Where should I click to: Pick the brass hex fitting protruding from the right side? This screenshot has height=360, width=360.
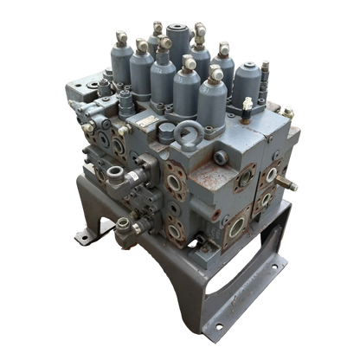pyautogui.click(x=295, y=184)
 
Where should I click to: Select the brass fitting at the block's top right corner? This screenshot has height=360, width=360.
pyautogui.click(x=287, y=112)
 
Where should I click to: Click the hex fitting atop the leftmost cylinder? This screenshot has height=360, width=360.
pyautogui.click(x=122, y=36)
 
